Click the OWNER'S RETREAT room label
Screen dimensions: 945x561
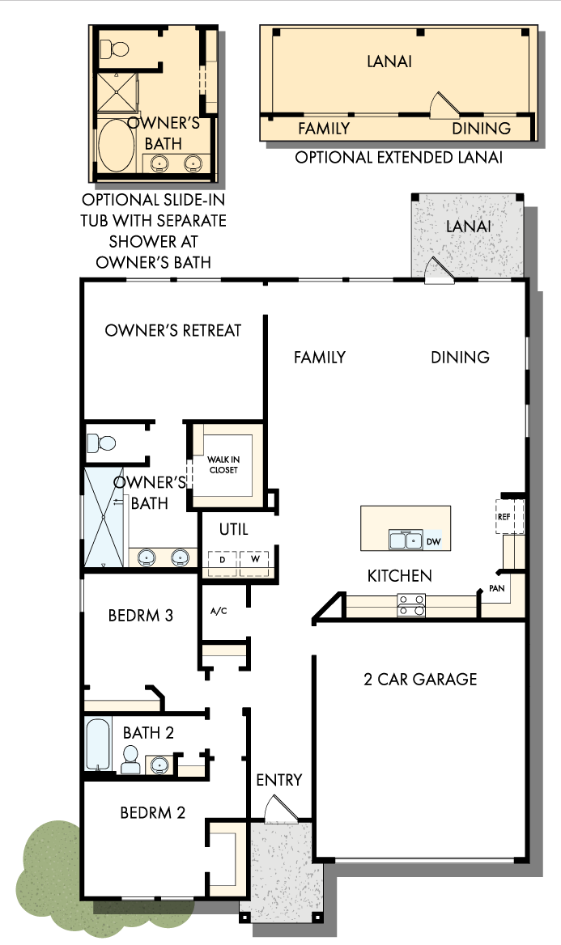pos(173,331)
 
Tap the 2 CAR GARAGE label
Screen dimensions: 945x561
pos(420,680)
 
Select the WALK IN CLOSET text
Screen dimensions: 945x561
pos(223,465)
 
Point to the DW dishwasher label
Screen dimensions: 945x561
pos(433,540)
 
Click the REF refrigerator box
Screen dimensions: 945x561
pos(504,515)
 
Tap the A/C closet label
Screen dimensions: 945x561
pos(219,611)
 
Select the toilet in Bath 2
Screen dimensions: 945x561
pos(130,761)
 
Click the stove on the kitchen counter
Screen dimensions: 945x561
pos(411,604)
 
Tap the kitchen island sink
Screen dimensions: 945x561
pos(405,540)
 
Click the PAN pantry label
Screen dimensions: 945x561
pos(496,588)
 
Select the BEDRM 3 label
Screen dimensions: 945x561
pos(141,616)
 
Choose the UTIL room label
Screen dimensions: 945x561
pos(234,531)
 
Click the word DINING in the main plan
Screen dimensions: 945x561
pos(460,357)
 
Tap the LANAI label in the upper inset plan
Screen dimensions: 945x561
pos(389,61)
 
